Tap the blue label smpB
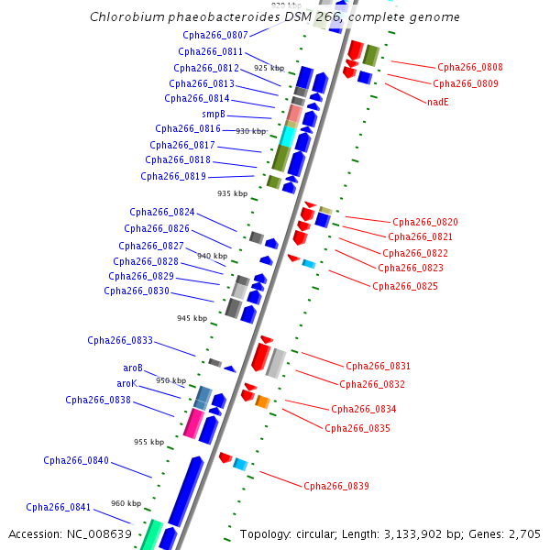coord(214,114)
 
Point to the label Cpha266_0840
coord(76,460)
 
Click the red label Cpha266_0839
coord(336,486)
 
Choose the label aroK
coord(126,383)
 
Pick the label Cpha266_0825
coord(405,286)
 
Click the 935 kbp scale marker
coord(232,193)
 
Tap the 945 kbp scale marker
coord(192,318)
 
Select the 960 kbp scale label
coord(126,503)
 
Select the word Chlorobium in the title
coord(125,17)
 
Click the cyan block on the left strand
coord(288,136)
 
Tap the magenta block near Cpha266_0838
coord(193,423)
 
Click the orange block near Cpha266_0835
coord(262,401)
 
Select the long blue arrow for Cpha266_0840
coord(186,490)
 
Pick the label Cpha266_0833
coord(120,340)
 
